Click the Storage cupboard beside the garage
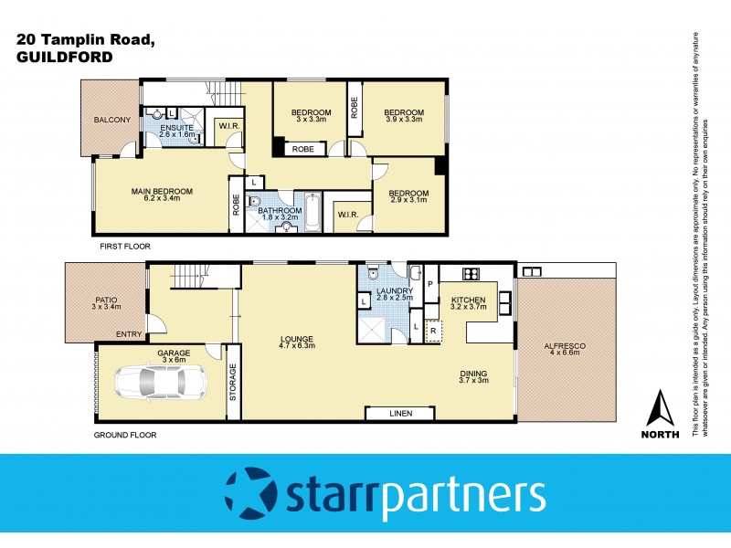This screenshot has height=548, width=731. tap(232, 383)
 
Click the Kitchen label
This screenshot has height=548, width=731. tap(467, 300)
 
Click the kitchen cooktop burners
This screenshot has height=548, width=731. tap(473, 273)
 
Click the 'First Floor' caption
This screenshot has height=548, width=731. tap(126, 247)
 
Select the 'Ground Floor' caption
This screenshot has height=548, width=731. tap(125, 435)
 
